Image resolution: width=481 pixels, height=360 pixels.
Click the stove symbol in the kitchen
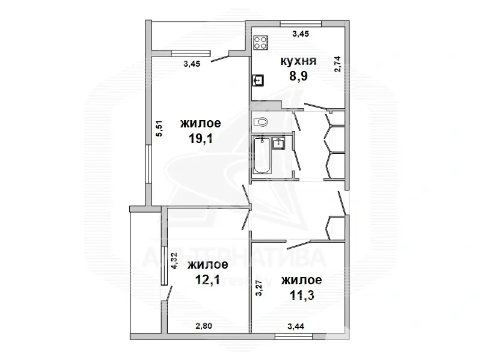(x=261, y=43)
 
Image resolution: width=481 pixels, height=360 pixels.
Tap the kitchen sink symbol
(x=259, y=81)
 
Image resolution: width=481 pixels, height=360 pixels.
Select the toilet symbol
(x=261, y=122)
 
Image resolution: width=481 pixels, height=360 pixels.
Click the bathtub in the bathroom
(x=262, y=156)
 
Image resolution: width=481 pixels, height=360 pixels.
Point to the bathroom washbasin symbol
(x=279, y=143)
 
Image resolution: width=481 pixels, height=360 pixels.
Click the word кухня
(x=298, y=61)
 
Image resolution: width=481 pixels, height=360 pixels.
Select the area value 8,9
(x=298, y=76)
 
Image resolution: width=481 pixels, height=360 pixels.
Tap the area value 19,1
(x=201, y=139)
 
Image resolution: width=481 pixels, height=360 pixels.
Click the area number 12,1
(x=207, y=279)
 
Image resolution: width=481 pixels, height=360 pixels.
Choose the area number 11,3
(x=302, y=295)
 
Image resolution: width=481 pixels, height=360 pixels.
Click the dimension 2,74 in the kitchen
(x=337, y=64)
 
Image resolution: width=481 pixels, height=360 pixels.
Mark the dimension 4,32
(x=174, y=261)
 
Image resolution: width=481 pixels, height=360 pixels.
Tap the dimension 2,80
(x=204, y=326)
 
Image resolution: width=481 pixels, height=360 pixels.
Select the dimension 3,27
(x=259, y=287)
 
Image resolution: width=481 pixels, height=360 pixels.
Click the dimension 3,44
(x=296, y=326)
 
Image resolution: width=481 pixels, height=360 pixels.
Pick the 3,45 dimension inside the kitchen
(x=301, y=34)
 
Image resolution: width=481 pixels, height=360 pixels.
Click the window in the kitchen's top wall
(x=301, y=23)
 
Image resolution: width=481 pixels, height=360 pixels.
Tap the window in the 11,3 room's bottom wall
(x=293, y=337)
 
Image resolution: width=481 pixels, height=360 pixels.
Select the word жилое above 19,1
(x=201, y=123)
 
